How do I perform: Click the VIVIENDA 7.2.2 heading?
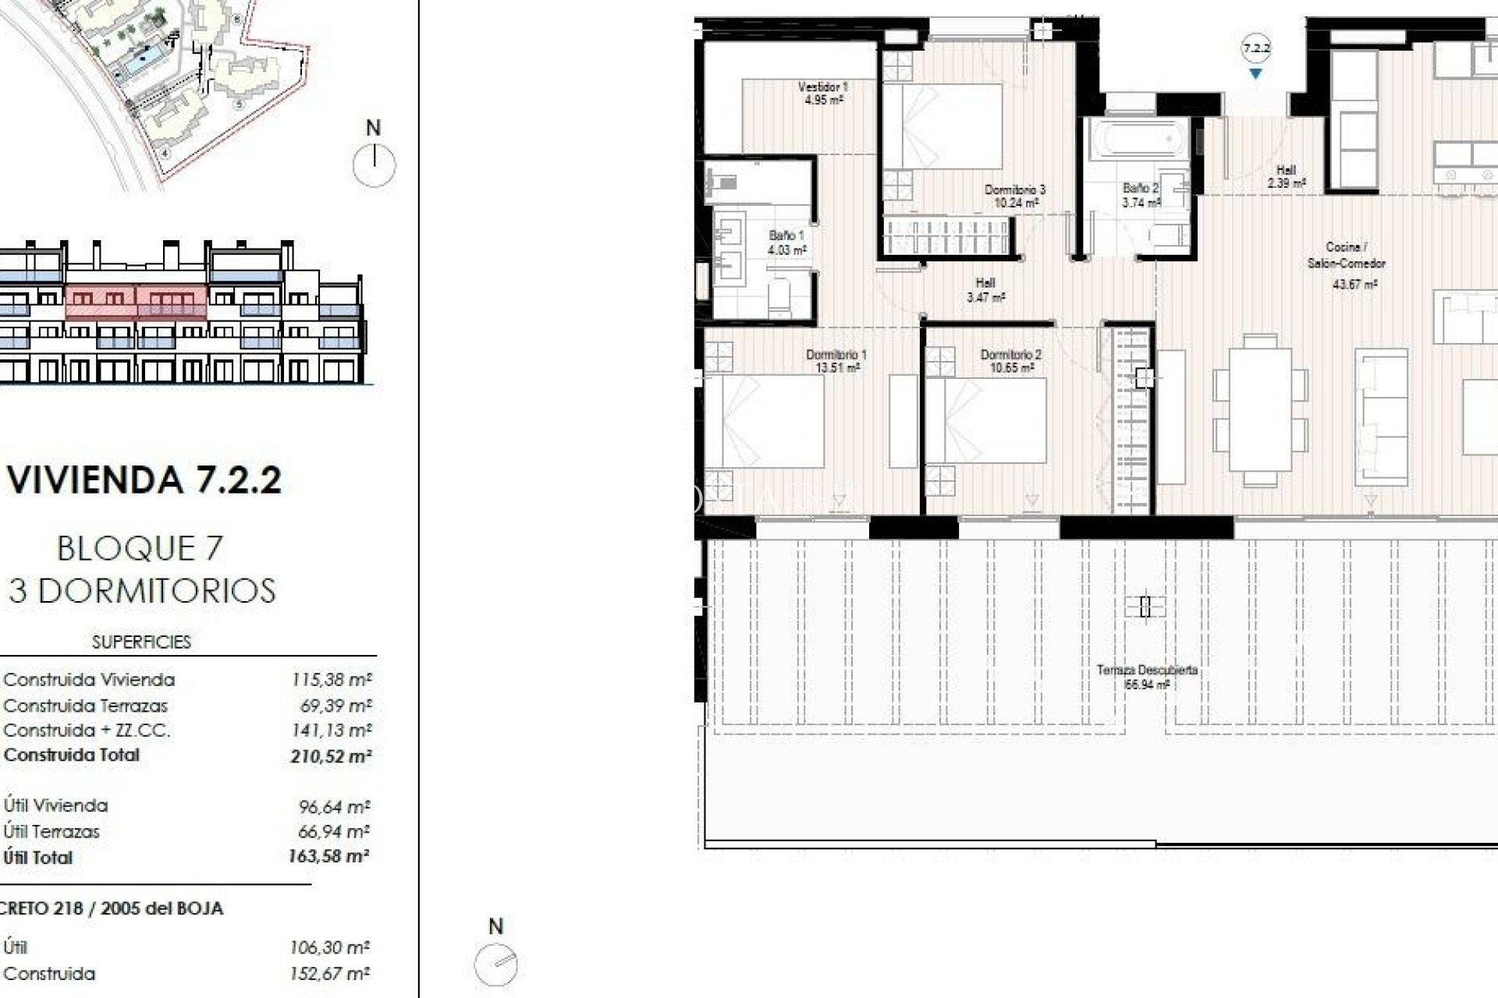click(x=144, y=479)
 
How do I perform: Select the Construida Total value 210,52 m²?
click(x=331, y=756)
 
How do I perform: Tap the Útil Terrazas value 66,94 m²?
click(x=333, y=831)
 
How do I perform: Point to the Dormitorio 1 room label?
click(x=836, y=360)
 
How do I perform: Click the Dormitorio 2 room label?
click(x=1010, y=360)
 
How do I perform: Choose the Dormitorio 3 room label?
click(x=1014, y=196)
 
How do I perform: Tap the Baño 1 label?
click(x=786, y=242)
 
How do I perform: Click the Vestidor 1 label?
click(x=823, y=93)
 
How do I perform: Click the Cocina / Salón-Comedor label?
click(x=1347, y=255)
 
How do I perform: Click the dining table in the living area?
click(x=1260, y=409)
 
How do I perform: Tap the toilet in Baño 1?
click(x=779, y=295)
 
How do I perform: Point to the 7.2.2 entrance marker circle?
click(x=1256, y=48)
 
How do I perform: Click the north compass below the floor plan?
click(x=496, y=965)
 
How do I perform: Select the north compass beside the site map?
click(x=374, y=165)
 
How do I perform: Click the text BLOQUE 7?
click(x=140, y=548)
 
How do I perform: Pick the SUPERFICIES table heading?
click(x=141, y=642)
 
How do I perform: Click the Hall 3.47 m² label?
click(x=985, y=290)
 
